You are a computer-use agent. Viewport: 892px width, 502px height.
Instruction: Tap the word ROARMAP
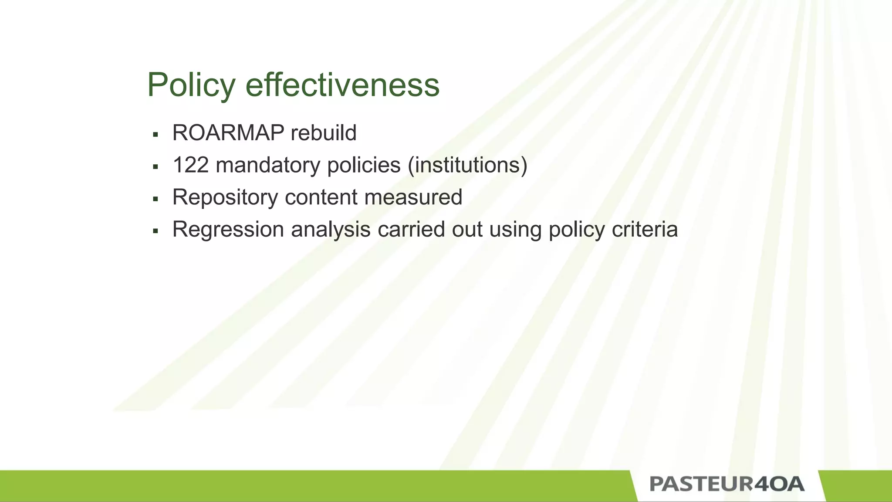[228, 133]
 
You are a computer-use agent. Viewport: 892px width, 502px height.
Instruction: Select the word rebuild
[323, 133]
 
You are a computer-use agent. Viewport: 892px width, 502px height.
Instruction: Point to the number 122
[190, 165]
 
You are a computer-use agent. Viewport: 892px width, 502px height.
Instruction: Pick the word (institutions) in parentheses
[467, 165]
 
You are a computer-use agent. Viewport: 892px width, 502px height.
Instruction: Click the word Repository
[225, 197]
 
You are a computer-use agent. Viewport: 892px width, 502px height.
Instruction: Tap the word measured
[413, 197]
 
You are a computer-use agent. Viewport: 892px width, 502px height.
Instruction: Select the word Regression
[228, 230]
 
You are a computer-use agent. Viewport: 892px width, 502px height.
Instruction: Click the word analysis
[331, 230]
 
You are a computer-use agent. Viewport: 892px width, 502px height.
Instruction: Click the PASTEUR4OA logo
[726, 485]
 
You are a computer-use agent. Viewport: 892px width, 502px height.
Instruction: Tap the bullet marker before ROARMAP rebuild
[155, 134]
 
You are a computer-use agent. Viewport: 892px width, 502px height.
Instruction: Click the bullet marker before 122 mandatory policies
[155, 166]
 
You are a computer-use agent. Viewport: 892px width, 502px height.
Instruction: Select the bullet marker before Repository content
[155, 199]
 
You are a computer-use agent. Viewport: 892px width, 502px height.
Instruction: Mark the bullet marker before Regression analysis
[155, 231]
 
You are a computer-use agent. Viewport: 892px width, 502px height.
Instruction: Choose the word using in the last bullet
[515, 230]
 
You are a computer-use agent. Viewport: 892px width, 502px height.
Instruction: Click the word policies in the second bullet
[364, 165]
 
